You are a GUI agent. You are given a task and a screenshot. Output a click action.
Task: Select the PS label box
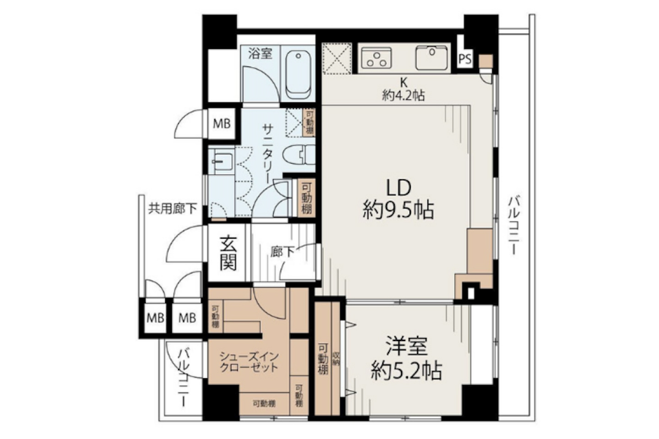click(465, 59)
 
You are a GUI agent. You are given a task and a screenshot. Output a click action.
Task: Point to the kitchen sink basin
click(432, 58)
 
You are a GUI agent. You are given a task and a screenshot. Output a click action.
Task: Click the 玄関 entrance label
click(227, 253)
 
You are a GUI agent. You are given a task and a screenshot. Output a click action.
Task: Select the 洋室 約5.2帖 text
click(406, 359)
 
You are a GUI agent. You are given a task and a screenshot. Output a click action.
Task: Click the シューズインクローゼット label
click(249, 362)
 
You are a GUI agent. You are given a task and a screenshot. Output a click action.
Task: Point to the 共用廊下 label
click(173, 209)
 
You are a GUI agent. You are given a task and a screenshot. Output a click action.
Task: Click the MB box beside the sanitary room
click(222, 123)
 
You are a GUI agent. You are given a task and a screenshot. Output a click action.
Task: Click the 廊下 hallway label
click(282, 251)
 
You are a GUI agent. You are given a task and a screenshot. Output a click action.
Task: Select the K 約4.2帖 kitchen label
click(404, 89)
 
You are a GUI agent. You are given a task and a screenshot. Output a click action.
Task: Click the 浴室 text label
click(260, 54)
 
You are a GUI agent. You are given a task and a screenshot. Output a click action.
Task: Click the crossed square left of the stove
click(337, 58)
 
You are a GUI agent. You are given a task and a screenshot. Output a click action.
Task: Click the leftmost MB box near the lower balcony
click(155, 318)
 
